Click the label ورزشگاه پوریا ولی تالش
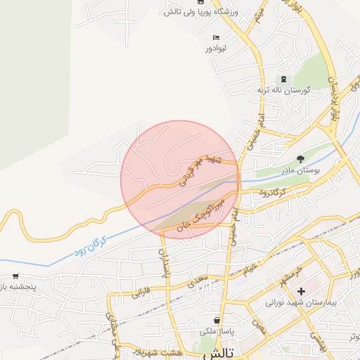point(193,12)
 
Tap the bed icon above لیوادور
point(217,37)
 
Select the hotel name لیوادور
point(217,48)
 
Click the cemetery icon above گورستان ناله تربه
point(283,79)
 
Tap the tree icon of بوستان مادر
point(300,159)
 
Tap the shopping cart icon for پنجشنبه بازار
point(15,277)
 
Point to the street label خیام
point(251,269)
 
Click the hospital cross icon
point(301,290)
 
